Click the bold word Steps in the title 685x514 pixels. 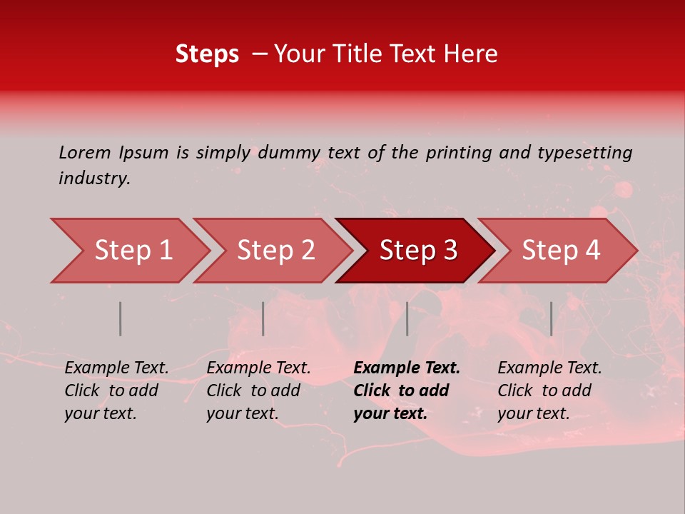pyautogui.click(x=207, y=54)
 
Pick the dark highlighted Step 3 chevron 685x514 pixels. pyautogui.click(x=418, y=251)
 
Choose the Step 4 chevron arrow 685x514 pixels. pyautogui.click(x=561, y=251)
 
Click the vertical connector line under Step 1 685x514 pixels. pyautogui.click(x=121, y=318)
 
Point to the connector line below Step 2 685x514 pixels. pyautogui.click(x=263, y=318)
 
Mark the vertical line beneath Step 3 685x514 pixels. pyautogui.click(x=407, y=318)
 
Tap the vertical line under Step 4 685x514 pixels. pyautogui.click(x=552, y=318)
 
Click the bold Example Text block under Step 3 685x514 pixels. pyautogui.click(x=407, y=390)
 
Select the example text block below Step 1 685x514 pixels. pyautogui.click(x=116, y=390)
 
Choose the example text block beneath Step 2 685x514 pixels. pyautogui.click(x=258, y=390)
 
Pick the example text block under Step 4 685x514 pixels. pyautogui.click(x=549, y=390)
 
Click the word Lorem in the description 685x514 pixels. pyautogui.click(x=84, y=152)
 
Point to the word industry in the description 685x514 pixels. pyautogui.click(x=93, y=178)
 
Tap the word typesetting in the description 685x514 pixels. pyautogui.click(x=584, y=153)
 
